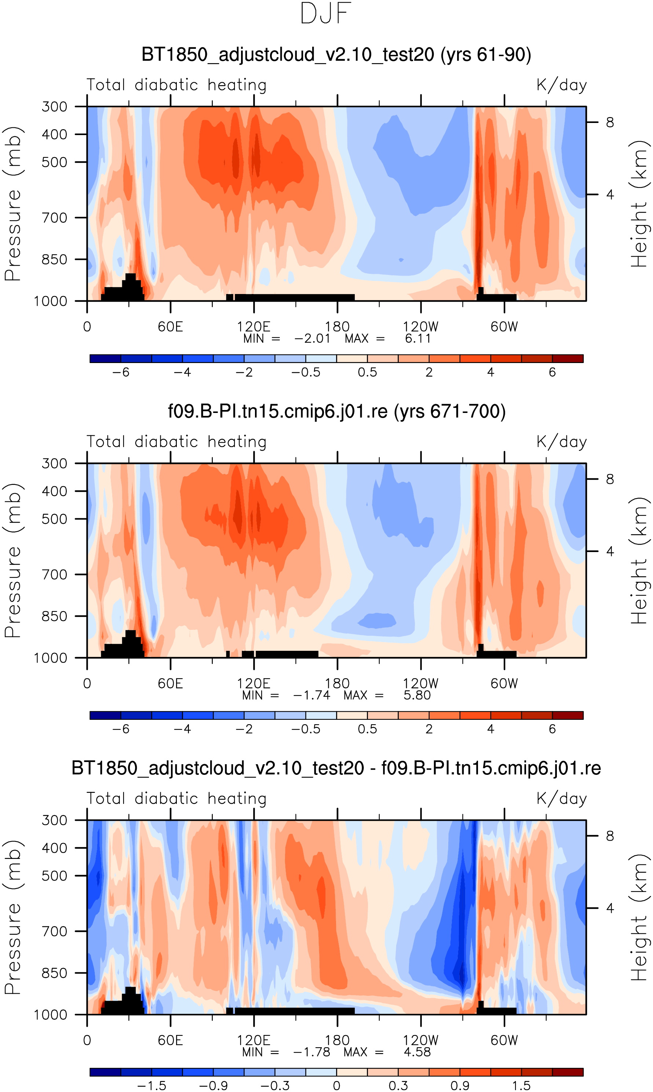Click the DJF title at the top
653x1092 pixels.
[326, 14]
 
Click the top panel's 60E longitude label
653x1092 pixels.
[170, 327]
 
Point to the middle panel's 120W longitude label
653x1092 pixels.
[421, 683]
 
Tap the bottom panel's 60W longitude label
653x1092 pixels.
[504, 1041]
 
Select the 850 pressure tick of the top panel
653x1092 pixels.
[54, 260]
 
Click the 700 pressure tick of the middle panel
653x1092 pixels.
[54, 574]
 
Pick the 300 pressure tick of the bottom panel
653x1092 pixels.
[54, 820]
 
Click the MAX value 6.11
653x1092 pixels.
[417, 338]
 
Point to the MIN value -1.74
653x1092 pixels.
[311, 696]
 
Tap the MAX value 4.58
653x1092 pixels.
[417, 1052]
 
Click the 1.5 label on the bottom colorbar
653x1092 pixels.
[521, 1086]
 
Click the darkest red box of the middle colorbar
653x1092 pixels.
[568, 715]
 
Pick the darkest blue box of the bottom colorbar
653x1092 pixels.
[105, 1072]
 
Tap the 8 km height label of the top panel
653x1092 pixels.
[610, 122]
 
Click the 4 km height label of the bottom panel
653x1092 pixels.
[610, 908]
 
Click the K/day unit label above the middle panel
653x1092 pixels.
[562, 442]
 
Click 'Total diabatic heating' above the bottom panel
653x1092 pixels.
[176, 799]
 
